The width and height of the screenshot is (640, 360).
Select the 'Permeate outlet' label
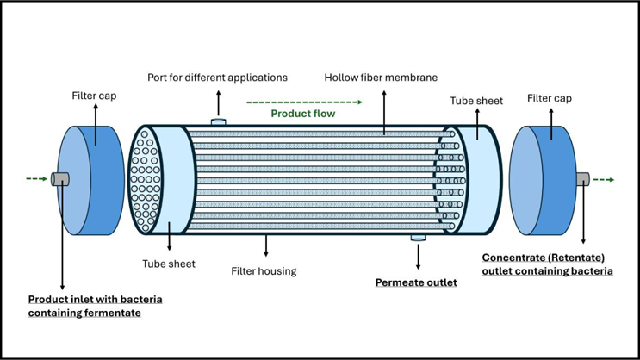pos(416,282)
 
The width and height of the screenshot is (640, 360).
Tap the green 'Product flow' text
pos(303,114)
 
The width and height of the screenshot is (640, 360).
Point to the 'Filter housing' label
pos(264,271)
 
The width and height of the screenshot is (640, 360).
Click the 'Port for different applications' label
pos(217,78)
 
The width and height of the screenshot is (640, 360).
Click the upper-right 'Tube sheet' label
pos(476,101)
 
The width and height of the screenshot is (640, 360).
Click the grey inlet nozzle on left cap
pos(59,178)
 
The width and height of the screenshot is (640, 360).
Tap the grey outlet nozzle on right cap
pos(582,179)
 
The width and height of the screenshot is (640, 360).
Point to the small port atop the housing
pos(219,122)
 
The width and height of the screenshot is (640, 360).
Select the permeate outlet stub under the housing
pos(418,237)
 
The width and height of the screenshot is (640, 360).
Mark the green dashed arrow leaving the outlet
pos(604,180)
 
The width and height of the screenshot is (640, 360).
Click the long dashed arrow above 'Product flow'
pos(303,102)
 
